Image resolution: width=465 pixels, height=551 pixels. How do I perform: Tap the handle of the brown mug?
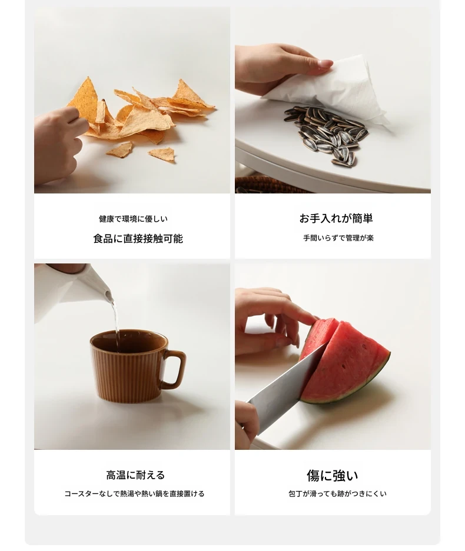[175, 368]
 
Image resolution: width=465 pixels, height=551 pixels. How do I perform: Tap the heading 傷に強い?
[333, 476]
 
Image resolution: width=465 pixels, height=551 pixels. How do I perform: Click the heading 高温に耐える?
[135, 475]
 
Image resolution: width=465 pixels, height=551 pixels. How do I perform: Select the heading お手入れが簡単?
[336, 218]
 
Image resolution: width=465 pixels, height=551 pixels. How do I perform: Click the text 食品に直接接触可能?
[138, 239]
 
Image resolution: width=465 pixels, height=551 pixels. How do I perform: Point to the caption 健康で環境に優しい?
[133, 219]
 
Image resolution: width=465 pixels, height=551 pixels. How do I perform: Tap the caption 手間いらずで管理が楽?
[338, 238]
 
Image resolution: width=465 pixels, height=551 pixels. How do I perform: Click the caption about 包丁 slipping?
[337, 494]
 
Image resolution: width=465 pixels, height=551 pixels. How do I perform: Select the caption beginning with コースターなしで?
[134, 494]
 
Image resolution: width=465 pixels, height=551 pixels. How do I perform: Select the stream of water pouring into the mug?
[115, 323]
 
